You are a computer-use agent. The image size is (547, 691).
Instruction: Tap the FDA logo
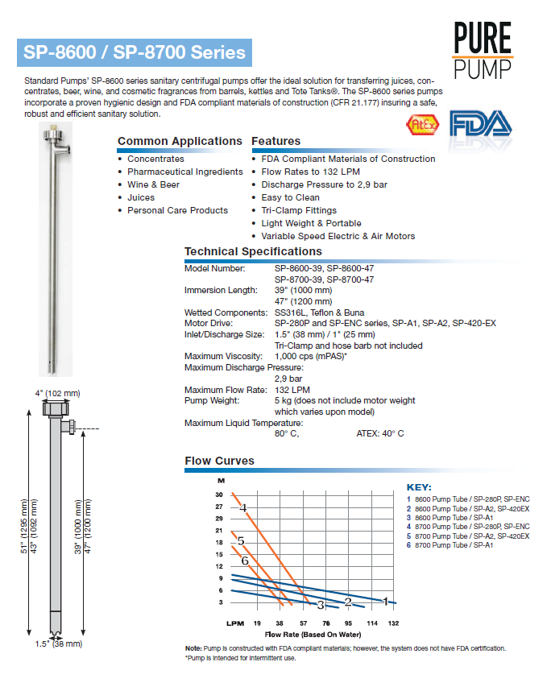pos(480,125)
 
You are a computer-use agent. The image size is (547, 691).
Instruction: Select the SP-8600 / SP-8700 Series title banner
pos(134,53)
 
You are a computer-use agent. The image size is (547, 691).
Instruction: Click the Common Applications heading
pos(180,141)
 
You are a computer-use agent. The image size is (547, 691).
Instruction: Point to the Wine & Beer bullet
pos(153,184)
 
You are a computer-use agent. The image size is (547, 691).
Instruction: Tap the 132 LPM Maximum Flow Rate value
pos(293,389)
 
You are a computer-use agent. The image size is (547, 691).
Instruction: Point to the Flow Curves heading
pos(219,461)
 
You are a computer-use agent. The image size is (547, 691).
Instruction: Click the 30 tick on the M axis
pos(218,494)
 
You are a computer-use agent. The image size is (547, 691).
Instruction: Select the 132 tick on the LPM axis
pos(393,623)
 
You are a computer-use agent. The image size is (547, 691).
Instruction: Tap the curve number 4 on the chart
pos(242,507)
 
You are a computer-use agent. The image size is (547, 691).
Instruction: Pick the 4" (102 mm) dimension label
pos(58,393)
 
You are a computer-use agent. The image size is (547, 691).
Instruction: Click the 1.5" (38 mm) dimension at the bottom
pos(58,643)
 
